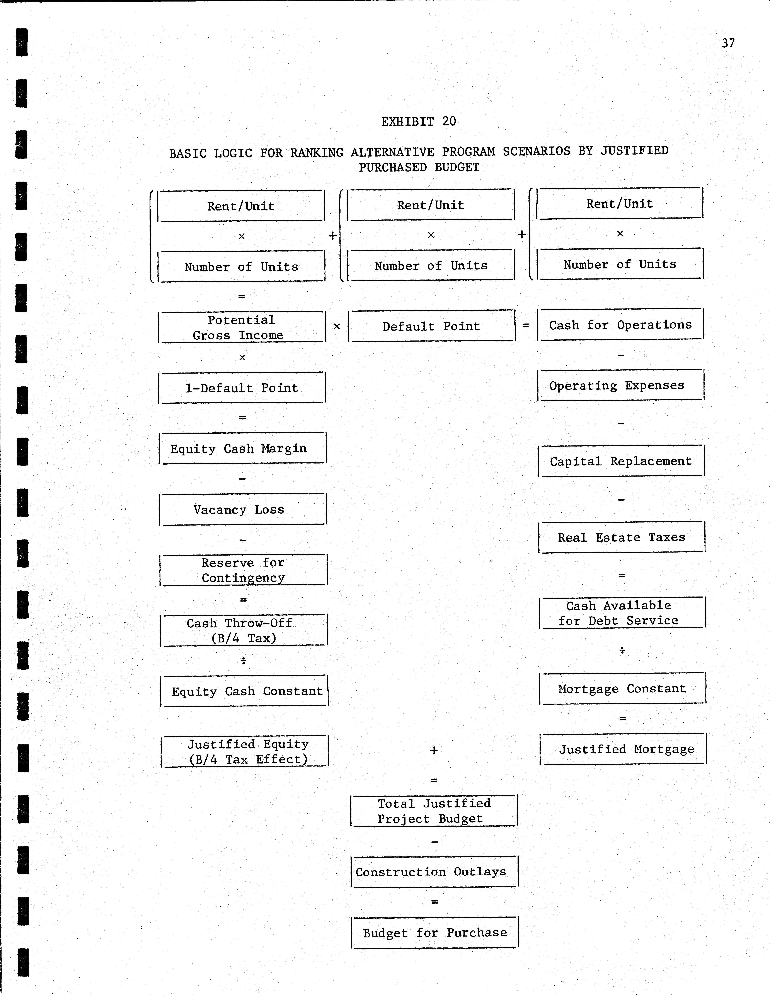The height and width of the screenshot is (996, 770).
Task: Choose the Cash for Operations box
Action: [620, 325]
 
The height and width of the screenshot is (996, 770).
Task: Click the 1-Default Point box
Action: [242, 388]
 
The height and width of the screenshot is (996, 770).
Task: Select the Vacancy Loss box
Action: [243, 509]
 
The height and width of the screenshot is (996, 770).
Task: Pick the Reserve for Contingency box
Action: [243, 570]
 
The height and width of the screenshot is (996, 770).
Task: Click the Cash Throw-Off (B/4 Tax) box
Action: [244, 630]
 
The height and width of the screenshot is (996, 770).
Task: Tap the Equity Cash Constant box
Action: [244, 691]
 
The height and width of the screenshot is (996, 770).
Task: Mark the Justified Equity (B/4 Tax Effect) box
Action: [245, 752]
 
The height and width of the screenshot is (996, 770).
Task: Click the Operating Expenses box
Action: [621, 385]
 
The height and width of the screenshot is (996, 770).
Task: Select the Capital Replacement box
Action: [621, 461]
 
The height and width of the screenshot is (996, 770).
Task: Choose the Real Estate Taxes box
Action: [622, 537]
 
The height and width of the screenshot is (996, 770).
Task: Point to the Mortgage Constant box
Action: [622, 688]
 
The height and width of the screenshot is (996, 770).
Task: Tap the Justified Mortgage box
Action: [623, 749]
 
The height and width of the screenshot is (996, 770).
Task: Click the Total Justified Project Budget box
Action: [434, 811]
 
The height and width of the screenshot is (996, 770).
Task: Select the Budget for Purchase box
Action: [435, 933]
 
